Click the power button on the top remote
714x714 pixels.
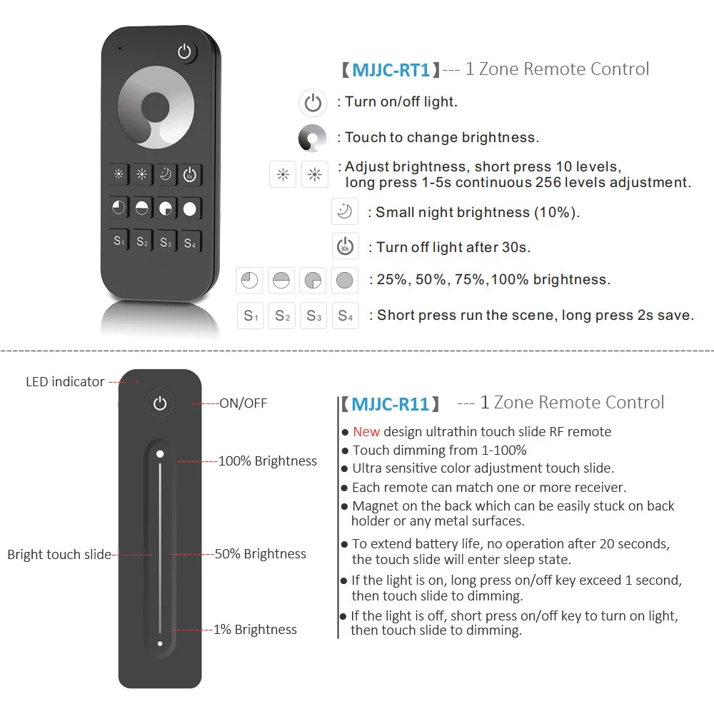186,52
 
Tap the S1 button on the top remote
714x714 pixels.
119,241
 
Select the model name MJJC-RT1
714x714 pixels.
391,70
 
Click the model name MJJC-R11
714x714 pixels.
391,404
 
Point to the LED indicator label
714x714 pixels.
65,382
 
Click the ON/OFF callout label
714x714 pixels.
243,403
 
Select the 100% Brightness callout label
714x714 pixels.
268,461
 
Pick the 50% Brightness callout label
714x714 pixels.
261,554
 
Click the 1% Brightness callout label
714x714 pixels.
255,630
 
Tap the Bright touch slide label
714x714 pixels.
59,554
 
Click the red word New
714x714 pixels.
366,431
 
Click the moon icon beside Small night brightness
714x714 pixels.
345,212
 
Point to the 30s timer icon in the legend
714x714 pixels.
345,246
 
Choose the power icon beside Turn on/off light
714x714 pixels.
313,103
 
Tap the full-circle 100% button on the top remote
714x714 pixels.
189,208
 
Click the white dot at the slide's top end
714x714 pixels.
160,454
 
